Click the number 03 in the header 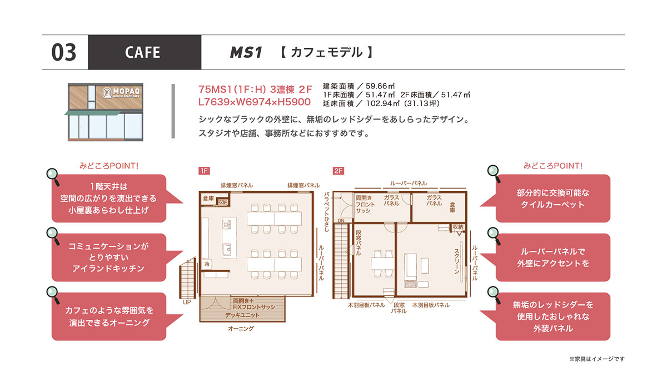(x=64, y=52)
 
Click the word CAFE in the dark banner (x=143, y=52)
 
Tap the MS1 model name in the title (x=246, y=52)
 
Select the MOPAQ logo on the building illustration (x=121, y=93)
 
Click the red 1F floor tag (x=205, y=171)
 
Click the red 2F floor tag (x=339, y=171)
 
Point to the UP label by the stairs (x=187, y=302)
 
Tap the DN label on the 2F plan (x=341, y=220)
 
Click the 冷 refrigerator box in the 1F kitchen (x=207, y=264)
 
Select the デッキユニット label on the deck (x=242, y=315)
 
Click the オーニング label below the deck (x=241, y=328)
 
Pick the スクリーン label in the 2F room (x=457, y=261)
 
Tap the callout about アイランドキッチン (x=109, y=258)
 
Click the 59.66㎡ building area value (x=380, y=86)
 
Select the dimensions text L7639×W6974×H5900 (x=255, y=102)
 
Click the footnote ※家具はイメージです (x=597, y=359)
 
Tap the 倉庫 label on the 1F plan (x=208, y=198)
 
